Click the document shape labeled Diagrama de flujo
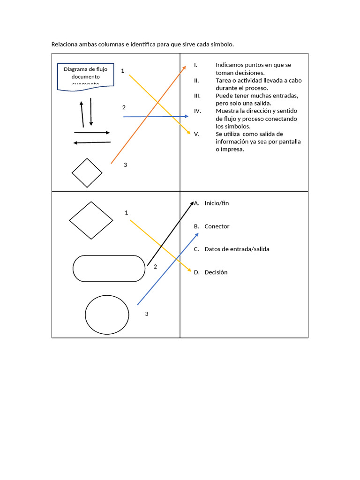[x=85, y=76]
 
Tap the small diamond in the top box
[x=87, y=173]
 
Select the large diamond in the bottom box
[x=91, y=220]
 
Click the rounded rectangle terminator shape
[x=109, y=268]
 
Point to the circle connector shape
[x=107, y=315]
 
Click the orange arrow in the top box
[x=149, y=114]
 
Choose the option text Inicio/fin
[x=217, y=203]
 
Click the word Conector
[x=217, y=226]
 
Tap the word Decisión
[x=216, y=272]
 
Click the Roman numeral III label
[x=197, y=96]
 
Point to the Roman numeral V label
[x=197, y=134]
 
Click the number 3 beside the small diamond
[x=125, y=165]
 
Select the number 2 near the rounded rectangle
[x=155, y=266]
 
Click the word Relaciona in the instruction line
[x=65, y=45]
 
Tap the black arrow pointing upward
[x=82, y=113]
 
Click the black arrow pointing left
[x=92, y=142]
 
